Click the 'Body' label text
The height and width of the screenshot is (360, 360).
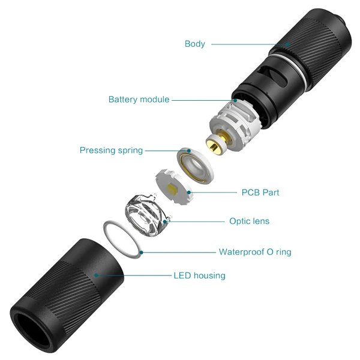194,44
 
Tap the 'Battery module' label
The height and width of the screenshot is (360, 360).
139,100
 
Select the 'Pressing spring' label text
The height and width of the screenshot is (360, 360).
111,150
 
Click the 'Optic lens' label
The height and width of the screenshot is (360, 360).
249,221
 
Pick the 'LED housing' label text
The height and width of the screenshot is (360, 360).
199,276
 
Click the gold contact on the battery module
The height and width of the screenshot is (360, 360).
214,144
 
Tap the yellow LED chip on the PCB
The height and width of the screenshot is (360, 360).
173,190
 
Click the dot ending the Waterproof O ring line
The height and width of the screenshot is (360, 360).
142,252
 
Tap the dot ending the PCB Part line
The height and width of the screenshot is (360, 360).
190,193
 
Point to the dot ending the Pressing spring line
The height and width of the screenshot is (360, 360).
189,150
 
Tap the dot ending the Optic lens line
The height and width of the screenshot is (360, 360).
166,221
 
